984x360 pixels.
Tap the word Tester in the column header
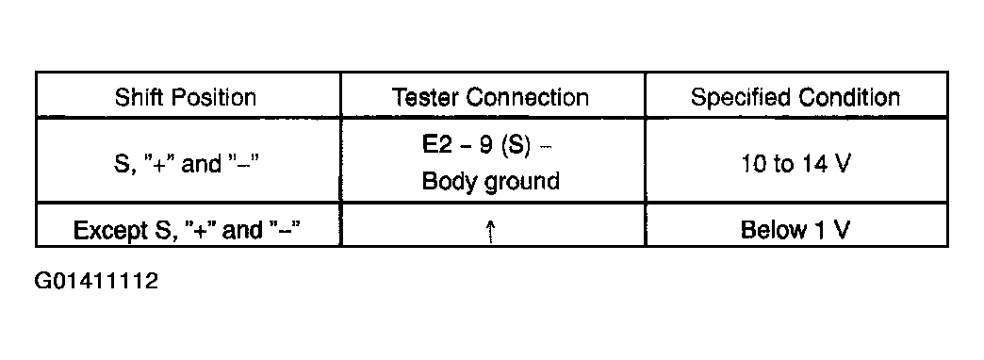click(425, 97)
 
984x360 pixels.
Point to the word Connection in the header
click(527, 97)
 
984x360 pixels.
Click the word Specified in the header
click(741, 98)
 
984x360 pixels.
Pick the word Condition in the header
click(849, 97)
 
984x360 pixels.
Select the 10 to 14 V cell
click(795, 164)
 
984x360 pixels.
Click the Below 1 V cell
click(795, 230)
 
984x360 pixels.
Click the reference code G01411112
click(96, 280)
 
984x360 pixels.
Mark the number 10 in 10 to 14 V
click(754, 164)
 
